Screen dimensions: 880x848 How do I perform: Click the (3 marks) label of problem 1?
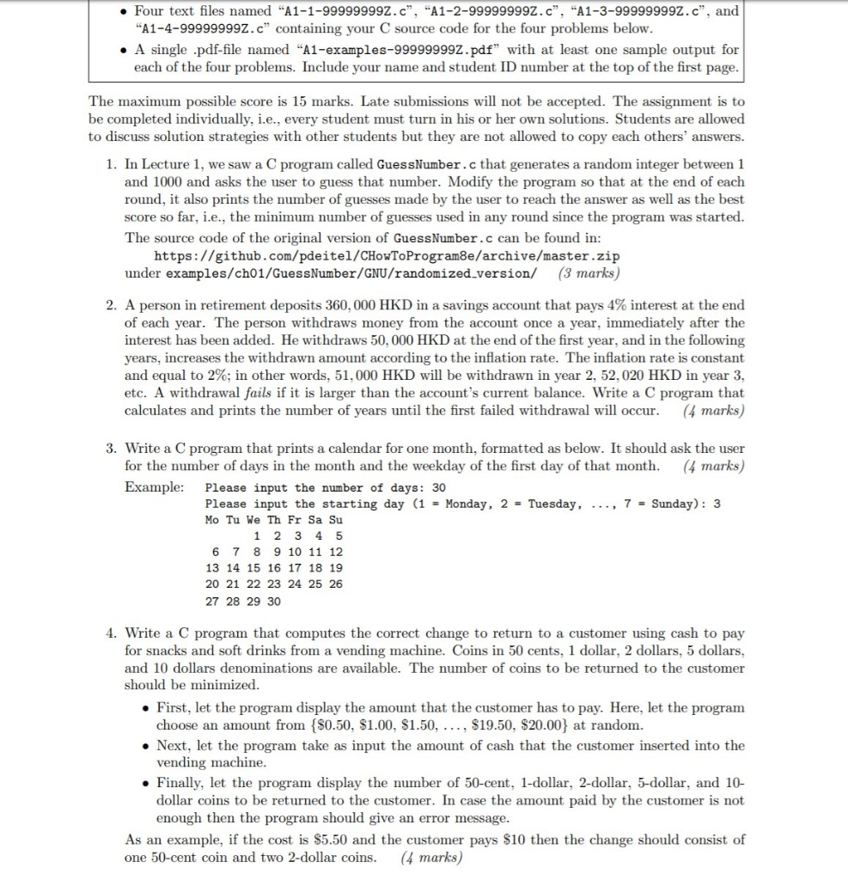(x=588, y=273)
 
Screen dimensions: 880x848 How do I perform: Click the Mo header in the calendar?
(x=212, y=520)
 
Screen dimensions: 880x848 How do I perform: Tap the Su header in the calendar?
(x=336, y=520)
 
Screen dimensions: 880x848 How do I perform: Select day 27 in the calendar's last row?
(x=212, y=601)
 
